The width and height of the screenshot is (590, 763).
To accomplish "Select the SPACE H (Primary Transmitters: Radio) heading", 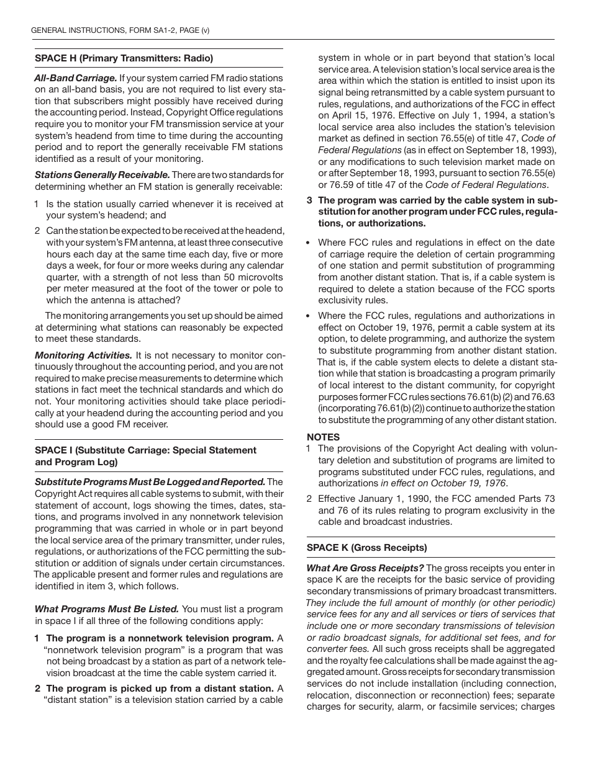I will (x=124, y=58).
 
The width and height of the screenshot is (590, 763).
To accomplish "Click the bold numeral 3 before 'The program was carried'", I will (x=310, y=200).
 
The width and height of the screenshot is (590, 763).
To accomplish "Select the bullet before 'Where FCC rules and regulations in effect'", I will (x=309, y=243).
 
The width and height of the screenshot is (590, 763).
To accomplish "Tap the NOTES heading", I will (x=323, y=437).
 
